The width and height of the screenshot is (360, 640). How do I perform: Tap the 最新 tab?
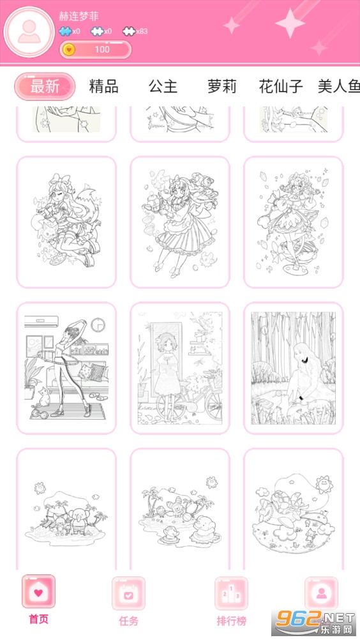(45, 86)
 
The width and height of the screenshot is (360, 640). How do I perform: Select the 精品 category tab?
(103, 86)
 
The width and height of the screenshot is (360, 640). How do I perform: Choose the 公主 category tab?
(163, 86)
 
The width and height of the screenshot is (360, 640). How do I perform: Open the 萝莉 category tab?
(221, 86)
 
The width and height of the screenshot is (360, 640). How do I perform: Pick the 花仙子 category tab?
(281, 86)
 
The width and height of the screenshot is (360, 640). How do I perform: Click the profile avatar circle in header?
(29, 32)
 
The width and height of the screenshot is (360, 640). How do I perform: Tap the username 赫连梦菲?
(79, 17)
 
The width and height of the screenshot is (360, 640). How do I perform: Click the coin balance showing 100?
(96, 49)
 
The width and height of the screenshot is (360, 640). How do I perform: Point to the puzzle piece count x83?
(135, 31)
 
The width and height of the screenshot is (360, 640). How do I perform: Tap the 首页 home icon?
(39, 591)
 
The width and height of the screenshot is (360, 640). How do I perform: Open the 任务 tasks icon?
(128, 593)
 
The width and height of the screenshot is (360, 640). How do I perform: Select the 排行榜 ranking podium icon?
(231, 593)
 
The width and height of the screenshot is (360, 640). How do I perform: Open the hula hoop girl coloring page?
(66, 368)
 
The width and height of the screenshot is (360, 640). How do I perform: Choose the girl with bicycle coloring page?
(180, 368)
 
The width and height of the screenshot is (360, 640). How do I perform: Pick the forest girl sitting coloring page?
(294, 368)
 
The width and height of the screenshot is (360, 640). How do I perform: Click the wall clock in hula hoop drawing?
(98, 325)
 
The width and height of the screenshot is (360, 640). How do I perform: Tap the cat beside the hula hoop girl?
(42, 397)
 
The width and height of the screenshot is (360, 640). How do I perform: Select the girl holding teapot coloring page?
(180, 222)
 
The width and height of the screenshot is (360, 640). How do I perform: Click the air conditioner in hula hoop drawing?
(41, 322)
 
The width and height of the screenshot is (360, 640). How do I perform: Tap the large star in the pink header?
(290, 23)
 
